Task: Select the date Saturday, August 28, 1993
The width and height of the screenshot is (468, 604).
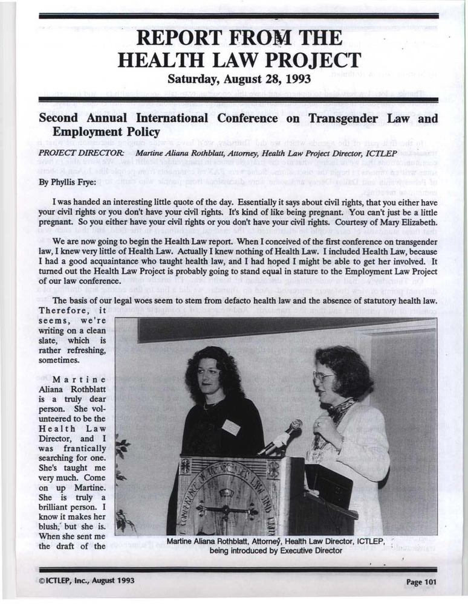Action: pyautogui.click(x=234, y=79)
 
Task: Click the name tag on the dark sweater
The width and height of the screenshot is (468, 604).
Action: pyautogui.click(x=230, y=427)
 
